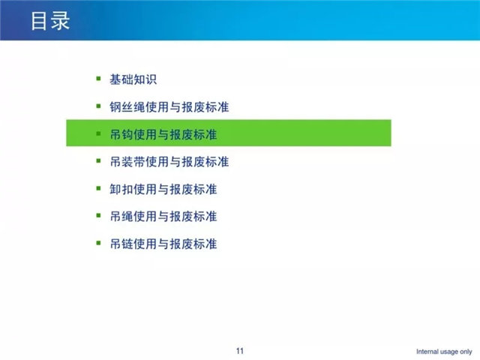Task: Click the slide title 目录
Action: click(x=50, y=21)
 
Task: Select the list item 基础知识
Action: click(x=133, y=79)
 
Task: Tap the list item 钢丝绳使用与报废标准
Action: click(x=169, y=106)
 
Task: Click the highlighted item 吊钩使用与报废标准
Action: click(x=163, y=134)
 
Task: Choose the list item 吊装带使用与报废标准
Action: click(x=169, y=162)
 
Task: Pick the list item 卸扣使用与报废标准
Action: click(x=163, y=189)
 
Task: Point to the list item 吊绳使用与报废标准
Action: click(x=163, y=217)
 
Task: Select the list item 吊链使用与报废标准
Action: click(x=163, y=244)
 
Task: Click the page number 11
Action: click(x=240, y=351)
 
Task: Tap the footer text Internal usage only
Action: click(x=444, y=352)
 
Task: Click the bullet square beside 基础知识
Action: click(x=98, y=79)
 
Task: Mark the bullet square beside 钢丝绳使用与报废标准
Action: click(x=98, y=106)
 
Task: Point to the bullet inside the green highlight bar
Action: click(x=98, y=133)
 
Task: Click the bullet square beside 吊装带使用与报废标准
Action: click(x=98, y=160)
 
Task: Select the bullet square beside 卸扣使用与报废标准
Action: click(x=98, y=188)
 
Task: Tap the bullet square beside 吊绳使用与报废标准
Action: click(x=98, y=215)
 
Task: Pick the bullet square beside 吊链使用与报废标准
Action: click(x=98, y=243)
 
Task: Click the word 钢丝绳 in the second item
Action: click(x=127, y=106)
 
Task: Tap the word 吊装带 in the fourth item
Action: click(x=127, y=162)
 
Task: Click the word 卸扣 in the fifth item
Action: click(x=121, y=189)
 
